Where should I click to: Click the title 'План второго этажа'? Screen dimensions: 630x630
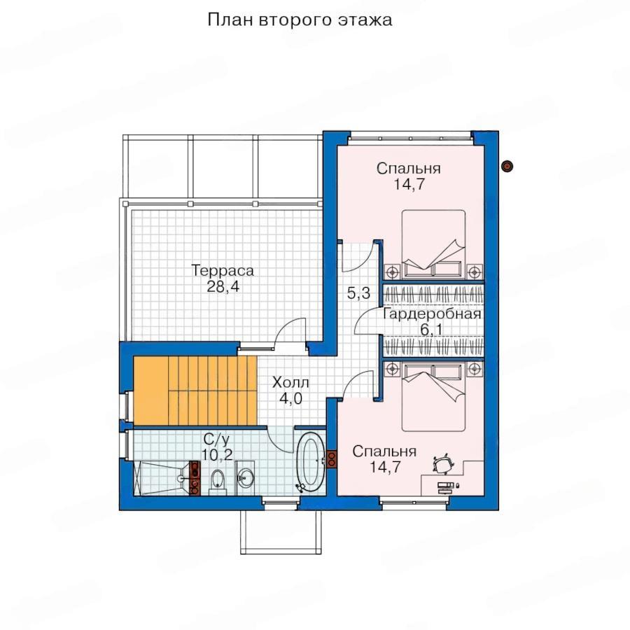[300, 20]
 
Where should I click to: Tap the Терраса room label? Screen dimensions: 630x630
[223, 270]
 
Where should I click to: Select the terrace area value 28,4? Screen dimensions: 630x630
[223, 286]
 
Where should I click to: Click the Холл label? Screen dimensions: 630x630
[290, 382]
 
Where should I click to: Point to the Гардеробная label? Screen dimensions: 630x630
[432, 314]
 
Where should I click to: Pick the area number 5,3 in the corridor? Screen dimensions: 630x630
[359, 293]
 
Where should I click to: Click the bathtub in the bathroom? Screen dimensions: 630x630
[311, 461]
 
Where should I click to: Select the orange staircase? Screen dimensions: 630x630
[195, 390]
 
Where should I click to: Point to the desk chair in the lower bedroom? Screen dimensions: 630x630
[443, 463]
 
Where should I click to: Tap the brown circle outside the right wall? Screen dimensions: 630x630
[508, 166]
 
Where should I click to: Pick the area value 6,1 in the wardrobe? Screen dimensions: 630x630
[431, 330]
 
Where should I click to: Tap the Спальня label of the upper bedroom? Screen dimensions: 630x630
[408, 168]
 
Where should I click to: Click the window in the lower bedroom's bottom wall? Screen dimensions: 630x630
[414, 502]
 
